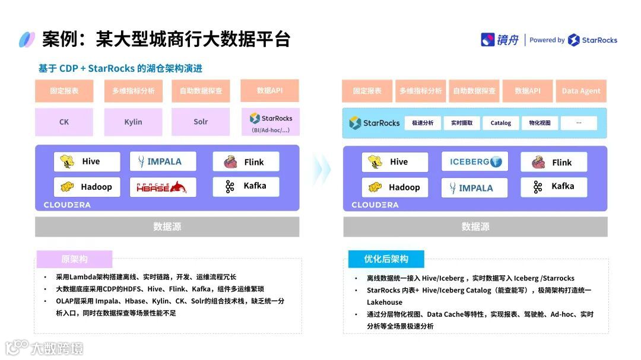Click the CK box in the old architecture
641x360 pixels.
tap(64, 122)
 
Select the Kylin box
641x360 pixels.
tap(133, 122)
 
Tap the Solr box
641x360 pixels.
tap(201, 122)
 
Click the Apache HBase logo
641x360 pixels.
tap(162, 187)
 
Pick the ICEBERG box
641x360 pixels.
tap(475, 162)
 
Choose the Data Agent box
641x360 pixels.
tap(581, 91)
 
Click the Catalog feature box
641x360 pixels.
tap(500, 123)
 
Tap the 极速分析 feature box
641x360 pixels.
tap(423, 123)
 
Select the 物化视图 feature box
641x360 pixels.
tap(540, 123)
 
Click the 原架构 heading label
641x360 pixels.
tap(74, 259)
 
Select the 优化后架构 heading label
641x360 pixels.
tap(386, 259)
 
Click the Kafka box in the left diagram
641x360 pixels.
tap(246, 187)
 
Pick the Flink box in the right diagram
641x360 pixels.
tap(554, 162)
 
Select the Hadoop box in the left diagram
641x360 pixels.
tap(87, 187)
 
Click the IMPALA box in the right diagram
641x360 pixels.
tap(475, 187)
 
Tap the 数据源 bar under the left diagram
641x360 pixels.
tap(167, 227)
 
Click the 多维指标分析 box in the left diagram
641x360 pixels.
tap(133, 91)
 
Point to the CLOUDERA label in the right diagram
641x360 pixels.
tap(375, 205)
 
